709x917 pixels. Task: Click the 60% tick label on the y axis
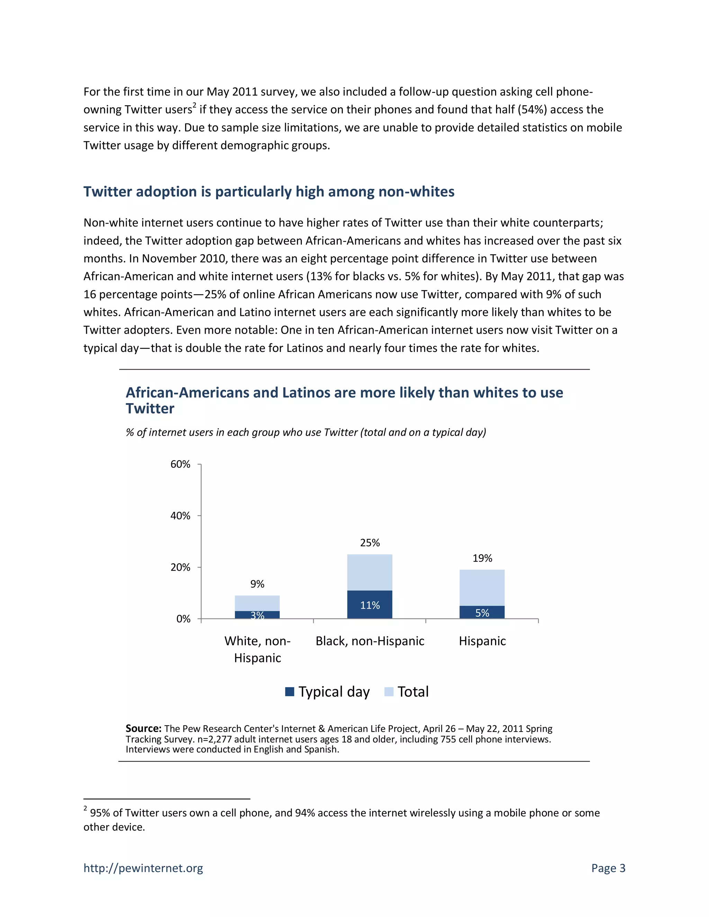(180, 464)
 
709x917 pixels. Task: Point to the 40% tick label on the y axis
(180, 516)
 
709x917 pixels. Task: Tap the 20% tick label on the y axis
(180, 567)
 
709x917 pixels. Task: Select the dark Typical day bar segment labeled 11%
(370, 605)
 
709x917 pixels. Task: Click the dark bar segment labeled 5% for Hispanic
(482, 612)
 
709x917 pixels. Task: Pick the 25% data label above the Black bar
(370, 543)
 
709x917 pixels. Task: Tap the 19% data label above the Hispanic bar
(482, 558)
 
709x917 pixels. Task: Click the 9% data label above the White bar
(257, 584)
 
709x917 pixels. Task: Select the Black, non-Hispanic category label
(370, 641)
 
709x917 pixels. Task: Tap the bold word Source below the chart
(143, 728)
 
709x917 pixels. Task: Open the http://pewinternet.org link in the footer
(143, 868)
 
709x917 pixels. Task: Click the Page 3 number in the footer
(608, 868)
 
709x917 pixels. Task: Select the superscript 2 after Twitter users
(194, 106)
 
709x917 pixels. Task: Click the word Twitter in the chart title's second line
(150, 409)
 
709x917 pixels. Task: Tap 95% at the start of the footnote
(100, 813)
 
